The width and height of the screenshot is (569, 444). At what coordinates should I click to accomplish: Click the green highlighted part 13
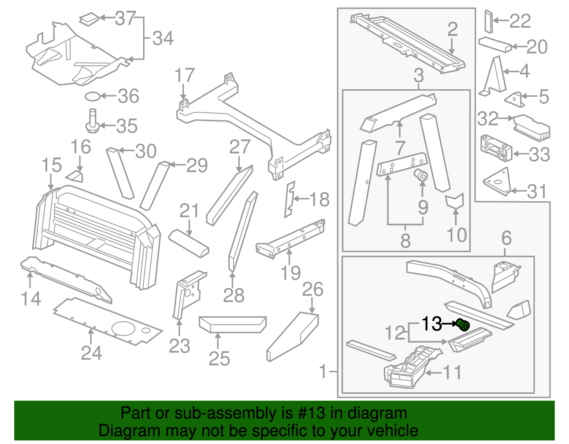463,324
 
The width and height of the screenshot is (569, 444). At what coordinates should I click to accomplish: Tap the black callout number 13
431,324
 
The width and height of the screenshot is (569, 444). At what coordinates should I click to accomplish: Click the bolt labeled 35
92,122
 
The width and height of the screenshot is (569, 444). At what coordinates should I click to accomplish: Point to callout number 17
185,76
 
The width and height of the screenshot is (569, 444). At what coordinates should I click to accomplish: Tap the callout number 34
163,38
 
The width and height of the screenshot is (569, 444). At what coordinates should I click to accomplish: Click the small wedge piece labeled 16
75,176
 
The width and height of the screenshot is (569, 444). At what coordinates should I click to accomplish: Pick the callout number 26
313,289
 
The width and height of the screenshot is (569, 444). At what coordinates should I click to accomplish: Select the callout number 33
539,154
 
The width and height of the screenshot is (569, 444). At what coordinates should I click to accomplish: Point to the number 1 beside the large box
323,371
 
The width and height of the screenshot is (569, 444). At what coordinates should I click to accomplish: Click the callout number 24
91,353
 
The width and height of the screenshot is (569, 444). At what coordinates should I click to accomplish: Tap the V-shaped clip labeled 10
454,201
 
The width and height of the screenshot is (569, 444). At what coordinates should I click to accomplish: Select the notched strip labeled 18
290,199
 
